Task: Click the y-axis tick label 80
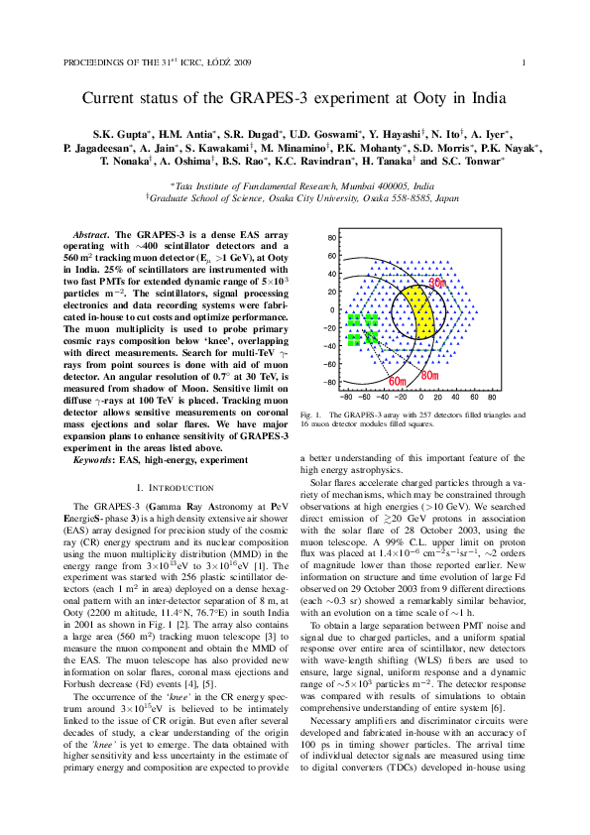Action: pyautogui.click(x=332, y=238)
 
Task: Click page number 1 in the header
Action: pyautogui.click(x=522, y=62)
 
